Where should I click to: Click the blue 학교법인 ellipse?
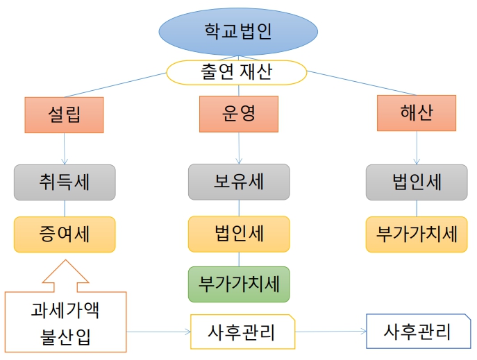[x=238, y=31]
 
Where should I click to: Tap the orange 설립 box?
[x=64, y=114]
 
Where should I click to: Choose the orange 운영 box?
[x=239, y=114]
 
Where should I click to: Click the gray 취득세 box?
[x=65, y=182]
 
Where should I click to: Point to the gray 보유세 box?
[x=239, y=182]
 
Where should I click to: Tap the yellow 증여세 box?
[x=65, y=234]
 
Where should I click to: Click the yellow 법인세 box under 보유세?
[x=239, y=234]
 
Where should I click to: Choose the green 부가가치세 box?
[x=239, y=284]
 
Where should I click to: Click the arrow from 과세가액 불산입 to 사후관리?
[x=159, y=332]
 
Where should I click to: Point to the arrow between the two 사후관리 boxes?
[x=330, y=332]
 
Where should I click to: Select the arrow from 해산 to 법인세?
[x=417, y=148]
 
